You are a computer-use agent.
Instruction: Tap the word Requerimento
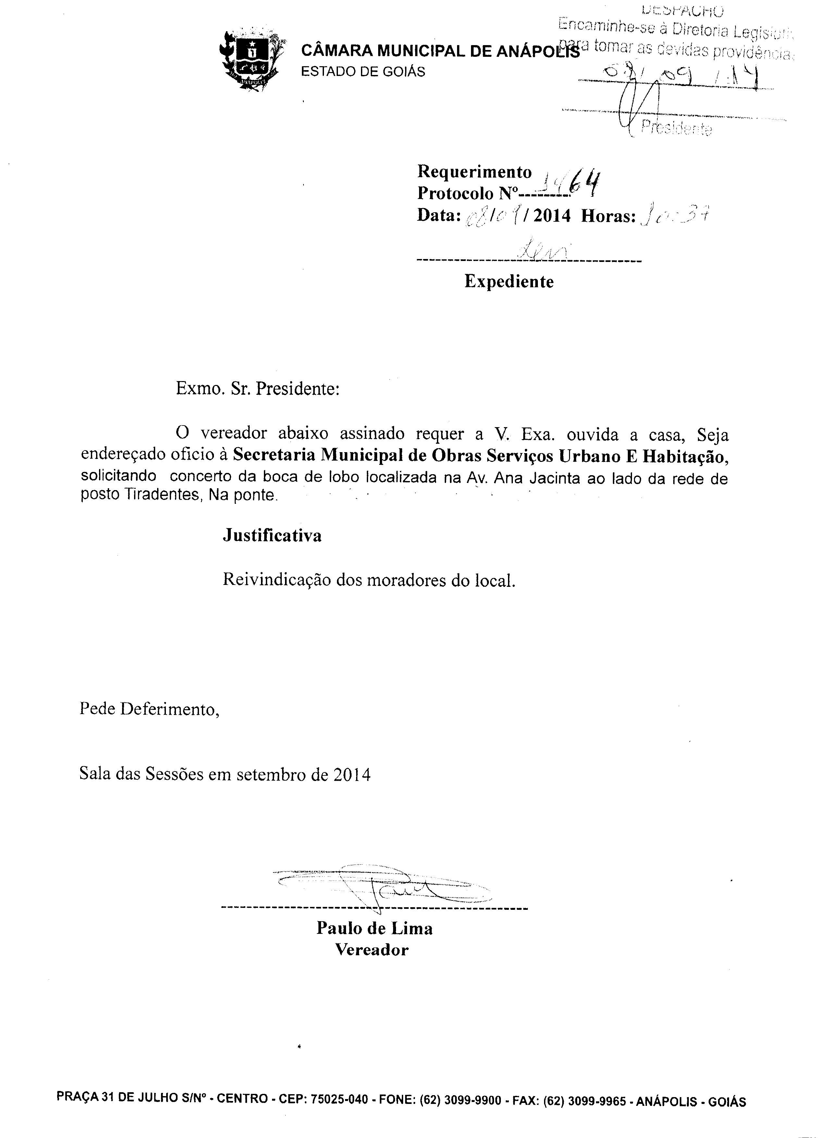[474, 172]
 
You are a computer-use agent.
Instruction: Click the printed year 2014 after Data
[552, 216]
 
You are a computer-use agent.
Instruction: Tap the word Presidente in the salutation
[297, 389]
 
